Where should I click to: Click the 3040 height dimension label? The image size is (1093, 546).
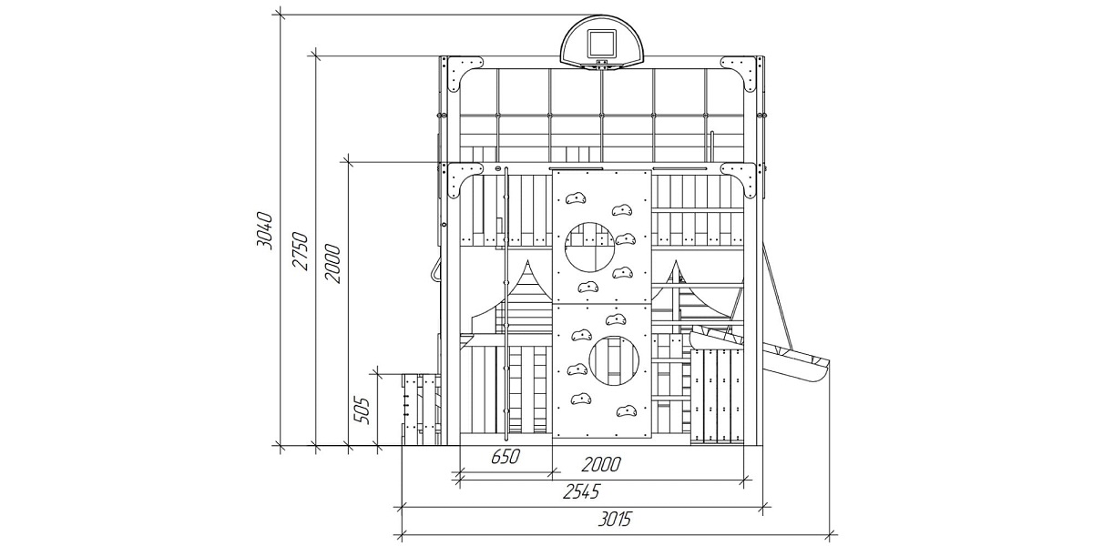point(265,230)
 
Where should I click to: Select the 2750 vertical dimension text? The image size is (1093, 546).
point(300,250)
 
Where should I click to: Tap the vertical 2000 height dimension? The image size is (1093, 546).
point(332,263)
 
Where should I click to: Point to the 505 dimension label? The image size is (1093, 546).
point(362,411)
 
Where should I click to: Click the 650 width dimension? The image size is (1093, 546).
point(506,457)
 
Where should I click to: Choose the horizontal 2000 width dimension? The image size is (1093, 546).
point(600,465)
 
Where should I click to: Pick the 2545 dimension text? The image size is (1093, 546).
point(581,492)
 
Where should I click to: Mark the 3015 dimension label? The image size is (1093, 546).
point(615,520)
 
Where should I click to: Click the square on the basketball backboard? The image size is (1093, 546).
point(602,44)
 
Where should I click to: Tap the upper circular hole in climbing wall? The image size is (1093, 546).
point(590,248)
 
